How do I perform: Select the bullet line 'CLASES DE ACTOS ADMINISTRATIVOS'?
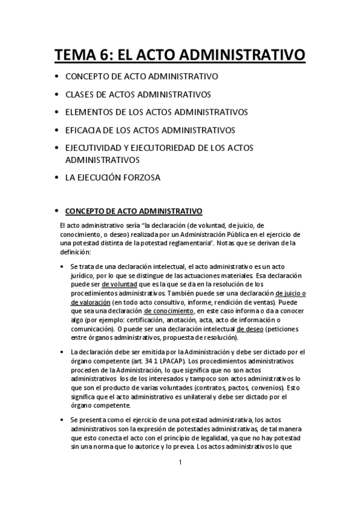click(x=138, y=94)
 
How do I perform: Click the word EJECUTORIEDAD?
click(x=185, y=147)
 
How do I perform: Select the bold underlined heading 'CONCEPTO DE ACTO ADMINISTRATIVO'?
click(x=133, y=210)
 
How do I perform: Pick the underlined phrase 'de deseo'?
click(x=250, y=330)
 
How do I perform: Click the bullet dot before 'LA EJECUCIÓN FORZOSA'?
click(x=56, y=178)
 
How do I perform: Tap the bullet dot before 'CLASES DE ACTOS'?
click(x=56, y=95)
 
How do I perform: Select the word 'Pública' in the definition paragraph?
click(x=225, y=233)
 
